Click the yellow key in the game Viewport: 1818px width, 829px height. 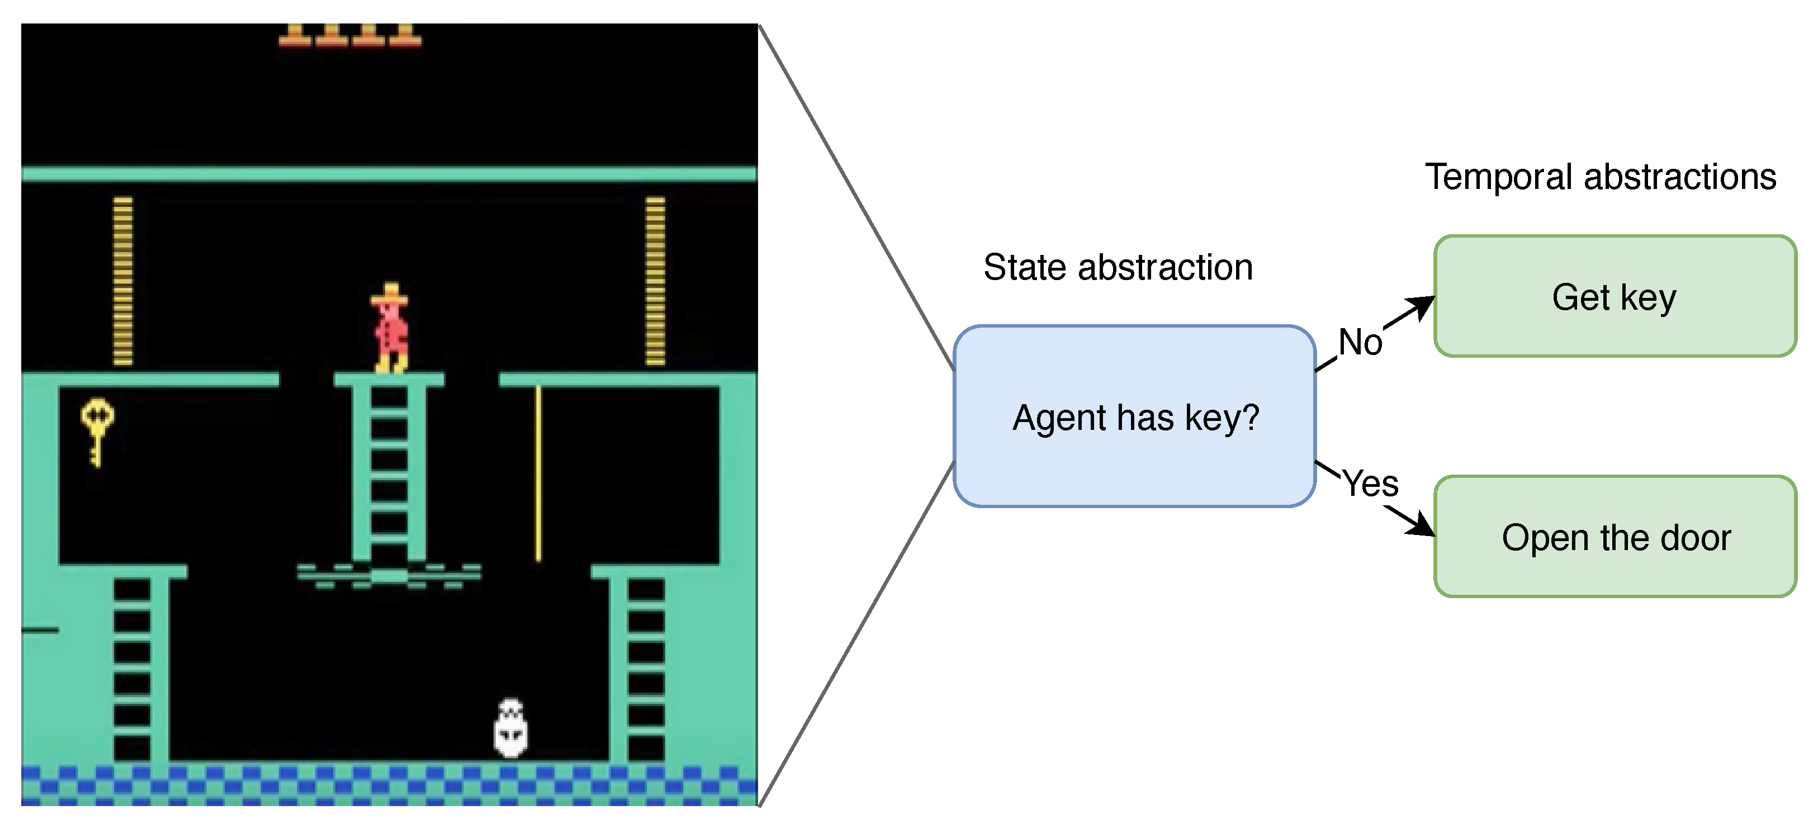pyautogui.click(x=97, y=430)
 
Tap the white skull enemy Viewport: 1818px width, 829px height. pyautogui.click(x=510, y=728)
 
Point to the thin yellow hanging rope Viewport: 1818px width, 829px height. pyautogui.click(x=538, y=473)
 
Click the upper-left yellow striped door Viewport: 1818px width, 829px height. pyautogui.click(x=123, y=281)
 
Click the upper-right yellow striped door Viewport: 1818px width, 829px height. pyautogui.click(x=655, y=281)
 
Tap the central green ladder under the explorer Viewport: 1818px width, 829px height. pyautogui.click(x=389, y=473)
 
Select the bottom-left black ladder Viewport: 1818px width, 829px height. pyautogui.click(x=132, y=667)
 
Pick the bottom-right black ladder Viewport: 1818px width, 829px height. pyautogui.click(x=646, y=667)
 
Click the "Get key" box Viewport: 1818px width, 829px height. pyautogui.click(x=1615, y=296)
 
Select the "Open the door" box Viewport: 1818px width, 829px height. pyautogui.click(x=1615, y=537)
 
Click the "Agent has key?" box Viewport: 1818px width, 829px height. pyautogui.click(x=1135, y=416)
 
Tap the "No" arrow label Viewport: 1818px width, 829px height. pyautogui.click(x=1360, y=342)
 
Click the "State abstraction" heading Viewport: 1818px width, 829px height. pyautogui.click(x=1118, y=267)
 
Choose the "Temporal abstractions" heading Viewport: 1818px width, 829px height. pyautogui.click(x=1601, y=177)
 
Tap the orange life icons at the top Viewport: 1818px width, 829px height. pyautogui.click(x=350, y=35)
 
